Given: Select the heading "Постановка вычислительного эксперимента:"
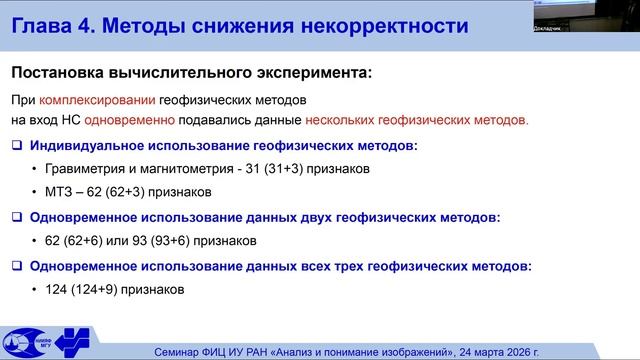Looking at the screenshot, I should point(189,72).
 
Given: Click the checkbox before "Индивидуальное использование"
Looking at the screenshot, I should point(16,146).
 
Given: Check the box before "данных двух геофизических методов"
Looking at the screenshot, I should point(16,216).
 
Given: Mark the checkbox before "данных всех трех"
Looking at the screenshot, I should point(16,266).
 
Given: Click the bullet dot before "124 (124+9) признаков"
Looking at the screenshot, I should point(35,290).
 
